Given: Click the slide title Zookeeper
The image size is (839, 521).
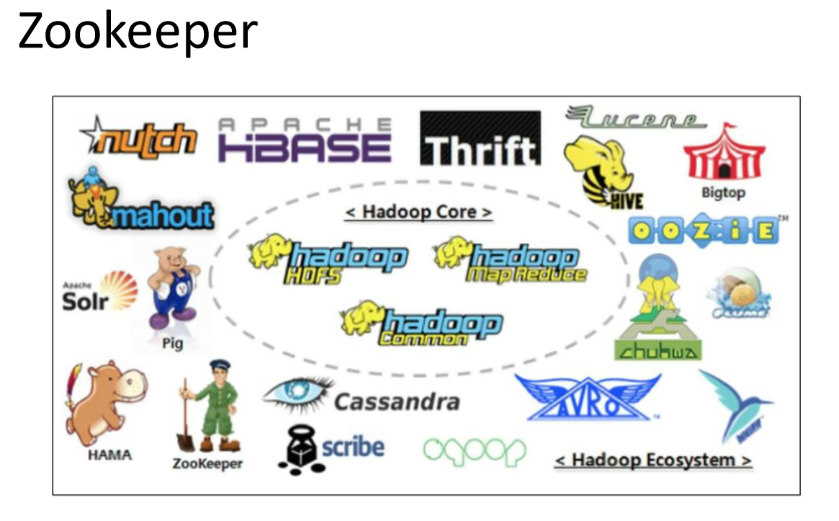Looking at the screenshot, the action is pos(137,31).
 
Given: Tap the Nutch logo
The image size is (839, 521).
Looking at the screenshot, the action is pos(139,136).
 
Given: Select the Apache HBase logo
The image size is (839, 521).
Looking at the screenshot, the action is pos(305,141).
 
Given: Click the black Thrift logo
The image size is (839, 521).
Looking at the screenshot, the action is pos(480,138).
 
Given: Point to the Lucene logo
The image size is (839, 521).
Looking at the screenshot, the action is pos(634,117).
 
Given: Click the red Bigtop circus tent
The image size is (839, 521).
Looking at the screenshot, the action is pos(723,154).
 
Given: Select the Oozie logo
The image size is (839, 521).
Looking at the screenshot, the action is pos(704,230).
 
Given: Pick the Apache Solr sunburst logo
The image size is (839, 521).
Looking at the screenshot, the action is pos(100,292).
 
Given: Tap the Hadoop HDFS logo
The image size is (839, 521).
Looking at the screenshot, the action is pos(328,261).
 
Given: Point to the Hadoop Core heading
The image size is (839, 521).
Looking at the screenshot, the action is pos(418,213).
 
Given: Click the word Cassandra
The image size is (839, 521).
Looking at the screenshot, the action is pos(397,401).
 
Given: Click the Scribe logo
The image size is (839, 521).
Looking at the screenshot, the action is pos(332,449).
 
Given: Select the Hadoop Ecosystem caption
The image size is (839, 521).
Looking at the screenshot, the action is pos(653,460).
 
